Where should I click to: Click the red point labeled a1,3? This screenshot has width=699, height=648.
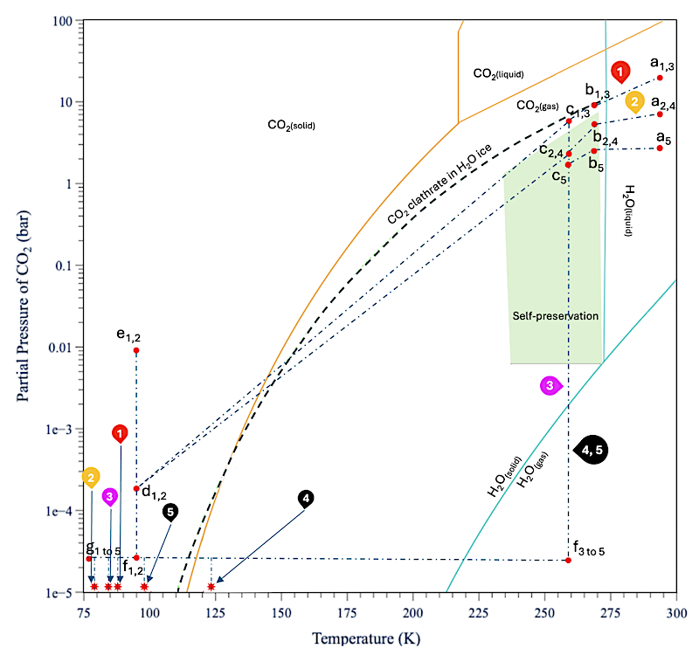tap(660, 78)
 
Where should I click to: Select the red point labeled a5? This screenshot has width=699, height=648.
tap(660, 148)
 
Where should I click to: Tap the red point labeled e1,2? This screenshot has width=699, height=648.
tap(136, 350)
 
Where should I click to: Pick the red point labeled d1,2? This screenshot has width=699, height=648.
tap(136, 488)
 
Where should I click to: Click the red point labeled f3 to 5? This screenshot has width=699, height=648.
tap(568, 560)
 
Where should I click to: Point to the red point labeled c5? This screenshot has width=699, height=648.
tap(568, 164)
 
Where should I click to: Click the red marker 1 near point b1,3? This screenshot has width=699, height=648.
tap(619, 71)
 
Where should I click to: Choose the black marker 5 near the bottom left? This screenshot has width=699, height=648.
tap(170, 512)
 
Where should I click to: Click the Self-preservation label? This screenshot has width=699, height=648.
tap(555, 315)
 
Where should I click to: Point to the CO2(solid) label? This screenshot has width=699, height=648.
tap(291, 126)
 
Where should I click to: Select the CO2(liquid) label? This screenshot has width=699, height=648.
tap(499, 74)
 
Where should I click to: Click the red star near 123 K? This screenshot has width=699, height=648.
tap(211, 586)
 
